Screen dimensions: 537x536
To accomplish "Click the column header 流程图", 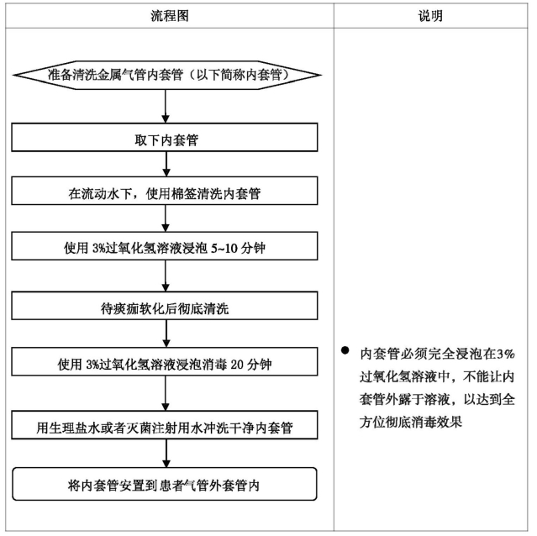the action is click(170, 16).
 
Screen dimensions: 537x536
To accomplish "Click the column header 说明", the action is click(430, 16).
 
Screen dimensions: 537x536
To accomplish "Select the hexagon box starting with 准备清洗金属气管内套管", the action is click(166, 75).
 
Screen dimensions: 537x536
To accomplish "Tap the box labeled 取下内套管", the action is click(165, 137).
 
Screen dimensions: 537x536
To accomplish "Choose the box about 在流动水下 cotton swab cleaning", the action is click(165, 191).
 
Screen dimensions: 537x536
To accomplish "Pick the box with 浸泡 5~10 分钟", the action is click(165, 246).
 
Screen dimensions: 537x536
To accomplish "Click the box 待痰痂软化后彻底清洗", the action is click(165, 306).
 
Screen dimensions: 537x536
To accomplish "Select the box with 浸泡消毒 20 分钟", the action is click(165, 362).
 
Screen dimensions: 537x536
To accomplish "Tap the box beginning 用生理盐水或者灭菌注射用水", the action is click(165, 425).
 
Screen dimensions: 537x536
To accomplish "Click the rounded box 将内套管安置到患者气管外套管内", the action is click(165, 484).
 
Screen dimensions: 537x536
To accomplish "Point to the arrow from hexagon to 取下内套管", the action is click(166, 106).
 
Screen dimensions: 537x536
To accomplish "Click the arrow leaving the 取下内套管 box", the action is click(166, 164).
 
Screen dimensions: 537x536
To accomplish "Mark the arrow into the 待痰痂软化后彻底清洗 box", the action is click(166, 276).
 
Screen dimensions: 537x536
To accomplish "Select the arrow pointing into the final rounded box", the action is click(166, 454).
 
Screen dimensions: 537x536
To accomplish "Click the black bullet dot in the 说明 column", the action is click(345, 350).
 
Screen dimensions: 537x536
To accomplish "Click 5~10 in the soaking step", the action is click(224, 248).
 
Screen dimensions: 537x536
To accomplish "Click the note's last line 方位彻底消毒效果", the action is click(411, 422).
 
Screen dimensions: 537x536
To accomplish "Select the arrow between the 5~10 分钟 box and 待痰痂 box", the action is click(166, 276).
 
